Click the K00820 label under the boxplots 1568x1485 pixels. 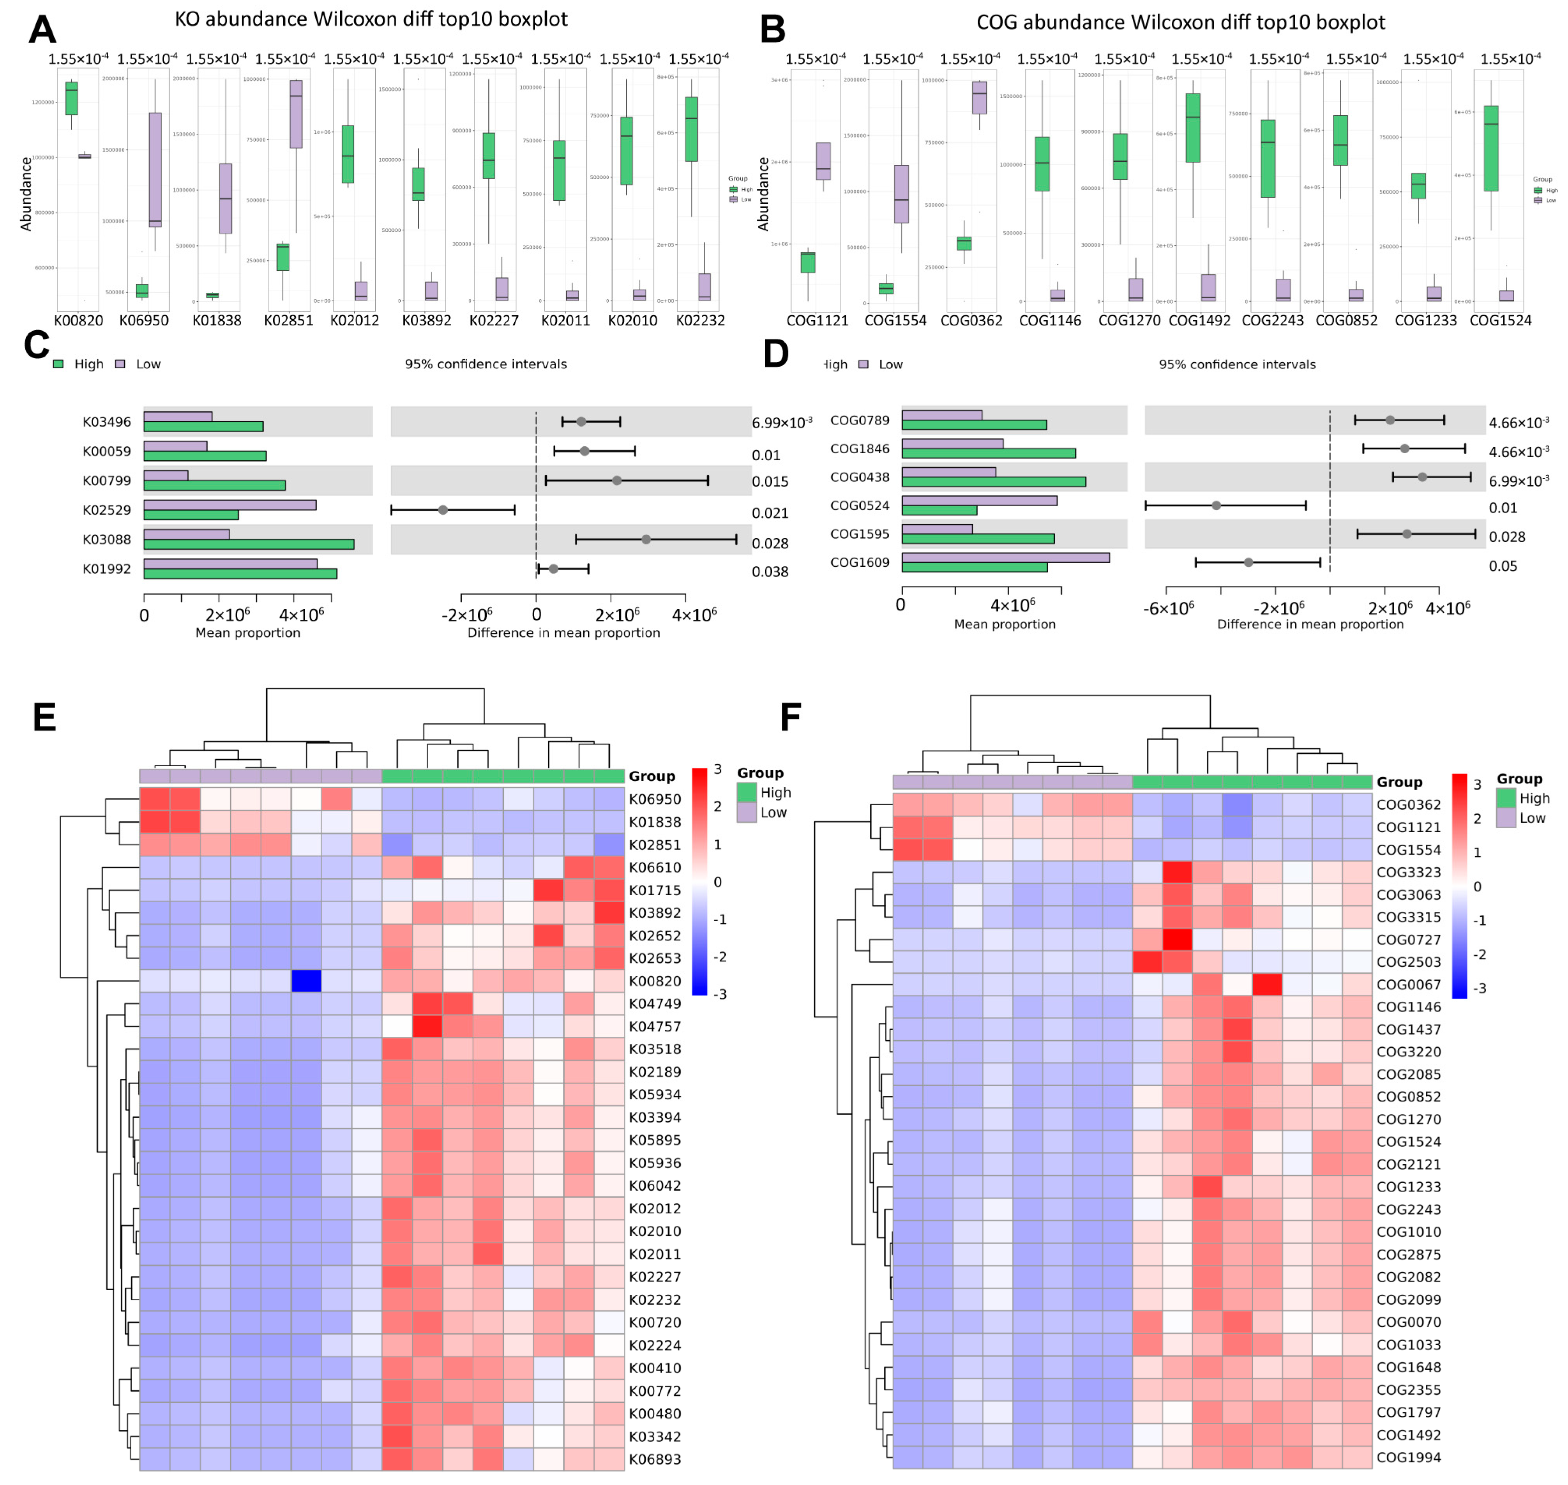tap(78, 321)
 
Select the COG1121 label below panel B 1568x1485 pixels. tap(817, 321)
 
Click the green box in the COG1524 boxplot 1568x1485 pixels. tap(1490, 148)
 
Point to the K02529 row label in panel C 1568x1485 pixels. tap(107, 510)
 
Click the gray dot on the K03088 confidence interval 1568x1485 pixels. tap(646, 539)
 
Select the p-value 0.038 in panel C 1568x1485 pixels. tap(769, 571)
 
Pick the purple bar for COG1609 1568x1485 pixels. tap(1005, 557)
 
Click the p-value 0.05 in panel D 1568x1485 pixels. tap(1502, 566)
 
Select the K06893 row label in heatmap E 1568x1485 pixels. tap(655, 1459)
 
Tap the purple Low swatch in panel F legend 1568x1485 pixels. tap(1506, 818)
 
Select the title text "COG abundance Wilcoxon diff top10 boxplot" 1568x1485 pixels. tap(1180, 22)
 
